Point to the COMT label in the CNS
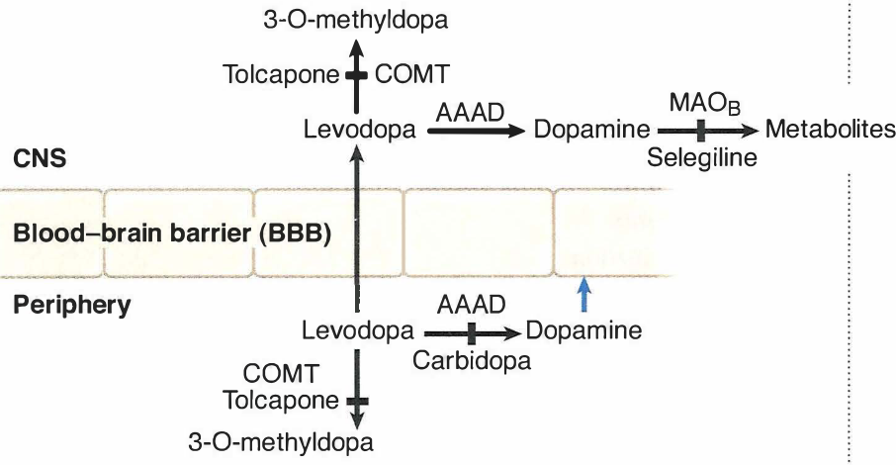click(409, 74)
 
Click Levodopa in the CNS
click(359, 131)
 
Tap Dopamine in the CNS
click(590, 131)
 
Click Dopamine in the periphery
click(584, 328)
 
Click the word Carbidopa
click(472, 359)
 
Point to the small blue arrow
click(583, 293)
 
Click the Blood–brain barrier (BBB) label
click(172, 233)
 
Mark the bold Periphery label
click(71, 305)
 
